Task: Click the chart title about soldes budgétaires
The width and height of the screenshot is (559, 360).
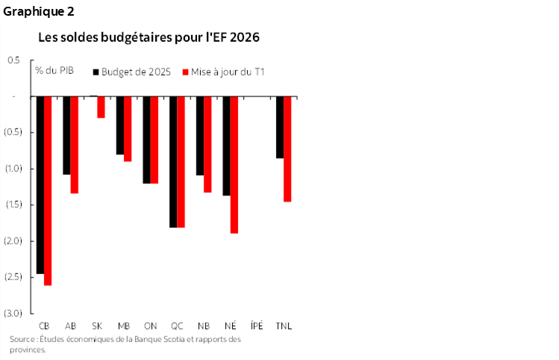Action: point(149,37)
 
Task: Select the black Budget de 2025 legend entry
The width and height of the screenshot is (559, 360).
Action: point(131,72)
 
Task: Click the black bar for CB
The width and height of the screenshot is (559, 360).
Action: point(40,184)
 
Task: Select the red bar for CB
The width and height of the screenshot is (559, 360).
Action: point(48,190)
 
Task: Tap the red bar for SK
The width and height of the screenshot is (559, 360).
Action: point(101,107)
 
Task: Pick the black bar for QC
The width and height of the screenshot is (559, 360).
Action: point(173,161)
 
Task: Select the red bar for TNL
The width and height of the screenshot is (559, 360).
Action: point(287,149)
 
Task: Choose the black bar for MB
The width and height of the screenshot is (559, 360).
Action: point(119,125)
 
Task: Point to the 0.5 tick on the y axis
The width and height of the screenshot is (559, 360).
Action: point(14,60)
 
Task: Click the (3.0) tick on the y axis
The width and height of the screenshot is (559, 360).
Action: point(14,312)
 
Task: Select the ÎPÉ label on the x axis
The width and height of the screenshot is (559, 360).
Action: point(257,326)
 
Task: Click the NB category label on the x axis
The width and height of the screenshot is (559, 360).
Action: point(203,326)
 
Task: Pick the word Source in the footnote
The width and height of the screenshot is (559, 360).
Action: point(22,340)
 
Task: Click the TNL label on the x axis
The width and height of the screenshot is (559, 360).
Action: point(284,326)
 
